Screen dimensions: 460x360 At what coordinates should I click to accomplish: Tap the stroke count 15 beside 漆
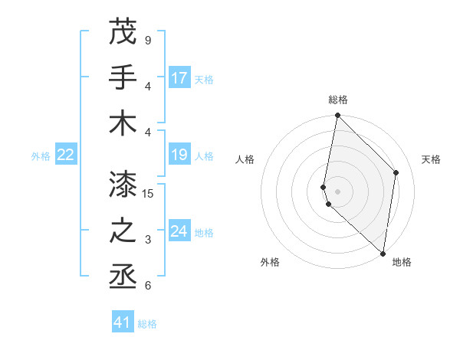click(x=149, y=194)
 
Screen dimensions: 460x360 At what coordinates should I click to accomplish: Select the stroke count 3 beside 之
click(x=148, y=240)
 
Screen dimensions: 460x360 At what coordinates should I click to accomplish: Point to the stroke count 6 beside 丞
click(x=148, y=286)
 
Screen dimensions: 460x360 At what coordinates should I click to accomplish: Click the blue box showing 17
click(x=179, y=78)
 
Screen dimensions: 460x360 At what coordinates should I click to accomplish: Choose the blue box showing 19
click(x=179, y=155)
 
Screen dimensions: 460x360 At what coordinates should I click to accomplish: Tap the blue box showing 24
click(x=179, y=231)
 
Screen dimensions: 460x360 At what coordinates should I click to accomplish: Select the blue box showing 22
click(x=66, y=155)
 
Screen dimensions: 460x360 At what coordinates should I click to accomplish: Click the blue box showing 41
click(x=123, y=322)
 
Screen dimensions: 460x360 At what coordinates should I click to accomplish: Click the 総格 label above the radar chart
click(x=338, y=100)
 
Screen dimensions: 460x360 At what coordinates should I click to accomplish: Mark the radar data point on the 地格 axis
click(x=383, y=254)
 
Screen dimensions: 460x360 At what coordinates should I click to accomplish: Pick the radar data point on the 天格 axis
click(x=396, y=172)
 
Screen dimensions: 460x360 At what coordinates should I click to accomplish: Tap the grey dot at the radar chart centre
click(x=337, y=191)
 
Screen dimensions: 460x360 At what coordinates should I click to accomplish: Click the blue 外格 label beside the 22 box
click(x=41, y=156)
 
